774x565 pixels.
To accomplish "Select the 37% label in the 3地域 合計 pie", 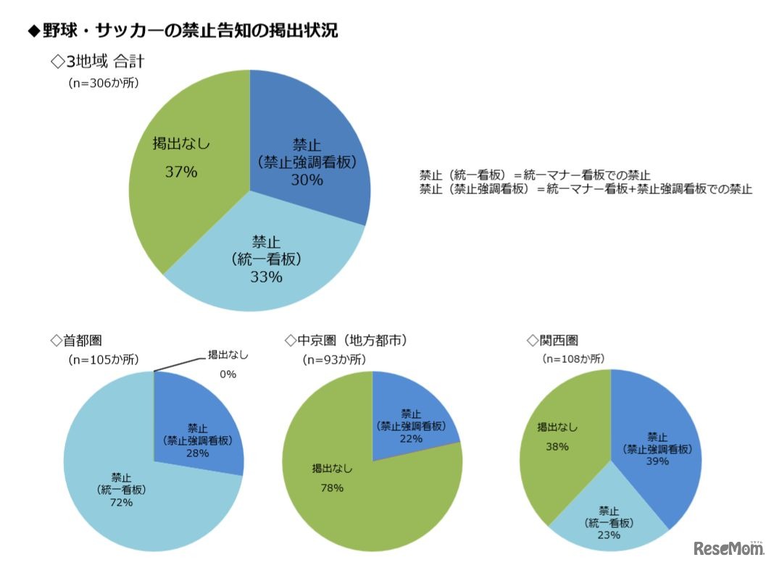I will tap(181, 172).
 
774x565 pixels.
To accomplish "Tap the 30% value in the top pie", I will tap(307, 180).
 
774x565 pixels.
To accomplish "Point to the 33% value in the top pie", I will tap(266, 276).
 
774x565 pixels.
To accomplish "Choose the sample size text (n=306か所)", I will tap(103, 83).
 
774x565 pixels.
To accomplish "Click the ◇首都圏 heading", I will tap(80, 339).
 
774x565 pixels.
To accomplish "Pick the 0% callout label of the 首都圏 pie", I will tap(228, 374).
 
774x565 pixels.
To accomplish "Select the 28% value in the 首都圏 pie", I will tap(197, 453).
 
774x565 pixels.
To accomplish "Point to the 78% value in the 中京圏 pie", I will tap(332, 487).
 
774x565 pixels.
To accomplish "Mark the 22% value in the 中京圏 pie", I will tap(411, 440).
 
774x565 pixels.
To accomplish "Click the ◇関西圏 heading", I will tap(554, 339).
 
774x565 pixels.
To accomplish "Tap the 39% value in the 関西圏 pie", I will tap(657, 462).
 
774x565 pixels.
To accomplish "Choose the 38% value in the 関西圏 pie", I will tap(557, 446).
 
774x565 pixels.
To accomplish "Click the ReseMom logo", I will tap(728, 548).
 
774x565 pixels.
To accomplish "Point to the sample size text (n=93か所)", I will tap(334, 359).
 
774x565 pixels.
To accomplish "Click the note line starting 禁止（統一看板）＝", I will tap(535, 175).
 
